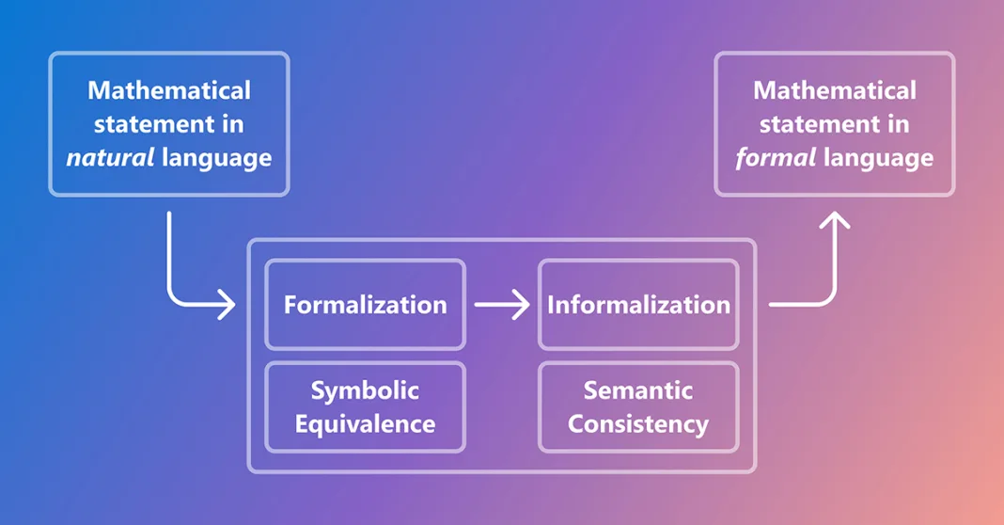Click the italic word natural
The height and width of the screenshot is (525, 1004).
tap(110, 157)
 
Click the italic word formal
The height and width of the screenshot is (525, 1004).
tap(776, 157)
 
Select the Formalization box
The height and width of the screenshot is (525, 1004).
tap(365, 305)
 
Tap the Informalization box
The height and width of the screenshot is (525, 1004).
tap(638, 305)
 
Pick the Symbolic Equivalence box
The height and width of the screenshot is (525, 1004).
tap(365, 407)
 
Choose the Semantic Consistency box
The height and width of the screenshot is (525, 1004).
tap(638, 407)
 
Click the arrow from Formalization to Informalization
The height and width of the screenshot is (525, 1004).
tap(502, 305)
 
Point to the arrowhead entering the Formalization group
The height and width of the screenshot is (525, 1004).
tap(227, 304)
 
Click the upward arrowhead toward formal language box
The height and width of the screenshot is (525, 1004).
tap(835, 220)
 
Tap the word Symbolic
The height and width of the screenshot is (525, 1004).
tap(365, 391)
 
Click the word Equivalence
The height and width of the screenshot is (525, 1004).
tap(365, 424)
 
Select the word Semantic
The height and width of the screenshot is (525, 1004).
tap(638, 390)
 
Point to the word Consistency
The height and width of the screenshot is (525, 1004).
tap(638, 424)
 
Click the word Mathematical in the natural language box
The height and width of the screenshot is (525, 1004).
tap(169, 90)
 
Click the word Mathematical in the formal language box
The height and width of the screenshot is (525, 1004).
tap(835, 90)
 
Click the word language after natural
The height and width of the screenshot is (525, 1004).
tap(216, 158)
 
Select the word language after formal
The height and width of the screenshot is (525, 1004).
tap(878, 158)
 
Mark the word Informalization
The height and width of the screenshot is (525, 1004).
tap(638, 305)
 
